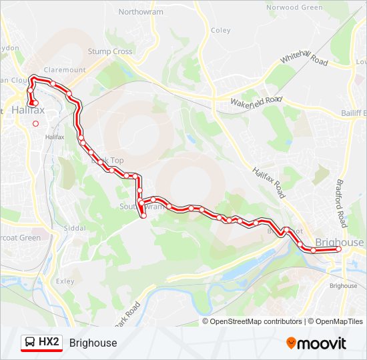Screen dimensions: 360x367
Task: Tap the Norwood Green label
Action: [x=294, y=7]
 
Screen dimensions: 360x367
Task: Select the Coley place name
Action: [x=220, y=30]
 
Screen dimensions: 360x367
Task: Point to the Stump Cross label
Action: [x=110, y=51]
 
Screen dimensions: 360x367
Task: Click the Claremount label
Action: [x=65, y=69]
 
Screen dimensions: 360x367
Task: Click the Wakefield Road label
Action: [x=256, y=101]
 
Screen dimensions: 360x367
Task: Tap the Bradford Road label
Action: [x=340, y=199]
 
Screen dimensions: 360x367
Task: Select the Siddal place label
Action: [x=75, y=228]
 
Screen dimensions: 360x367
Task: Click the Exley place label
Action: [x=65, y=281]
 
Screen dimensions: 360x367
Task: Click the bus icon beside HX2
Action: [x=29, y=343]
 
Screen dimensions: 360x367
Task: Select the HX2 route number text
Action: [x=49, y=343]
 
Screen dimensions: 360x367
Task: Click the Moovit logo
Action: [x=316, y=343]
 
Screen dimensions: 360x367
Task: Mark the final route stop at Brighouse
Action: [x=338, y=249]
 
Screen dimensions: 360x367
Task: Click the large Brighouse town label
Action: [x=340, y=243]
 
